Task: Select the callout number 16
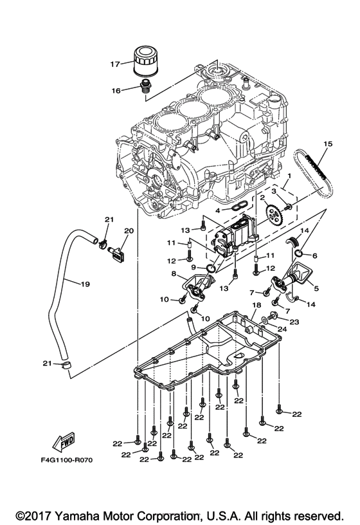click(x=116, y=91)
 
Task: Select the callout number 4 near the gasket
click(x=218, y=210)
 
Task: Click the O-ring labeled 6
click(x=314, y=255)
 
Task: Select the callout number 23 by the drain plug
click(x=294, y=322)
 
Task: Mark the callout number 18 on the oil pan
click(x=255, y=305)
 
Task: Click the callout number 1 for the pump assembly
click(x=290, y=174)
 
